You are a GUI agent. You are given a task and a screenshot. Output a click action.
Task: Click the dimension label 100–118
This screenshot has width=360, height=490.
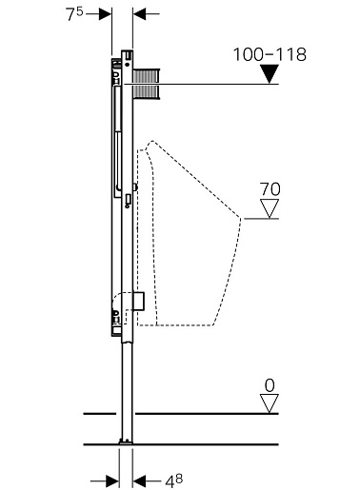click(x=270, y=54)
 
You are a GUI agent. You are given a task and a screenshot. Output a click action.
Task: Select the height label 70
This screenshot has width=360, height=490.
click(x=270, y=189)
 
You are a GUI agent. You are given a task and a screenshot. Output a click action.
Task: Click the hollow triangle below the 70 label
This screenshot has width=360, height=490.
click(x=270, y=208)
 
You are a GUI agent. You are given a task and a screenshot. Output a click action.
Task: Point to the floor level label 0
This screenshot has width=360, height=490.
click(x=270, y=386)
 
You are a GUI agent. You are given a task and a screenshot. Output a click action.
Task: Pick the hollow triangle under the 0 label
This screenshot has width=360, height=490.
click(x=270, y=403)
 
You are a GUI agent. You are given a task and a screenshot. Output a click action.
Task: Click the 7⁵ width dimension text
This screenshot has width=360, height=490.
click(x=74, y=14)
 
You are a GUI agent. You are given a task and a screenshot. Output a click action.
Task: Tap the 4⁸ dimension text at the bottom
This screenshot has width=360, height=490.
click(x=174, y=481)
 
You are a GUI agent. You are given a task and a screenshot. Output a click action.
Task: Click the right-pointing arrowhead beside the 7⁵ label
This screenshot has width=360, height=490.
click(x=105, y=14)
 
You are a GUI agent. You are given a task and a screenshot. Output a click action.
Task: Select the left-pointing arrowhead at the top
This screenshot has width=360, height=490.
click(x=139, y=14)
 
